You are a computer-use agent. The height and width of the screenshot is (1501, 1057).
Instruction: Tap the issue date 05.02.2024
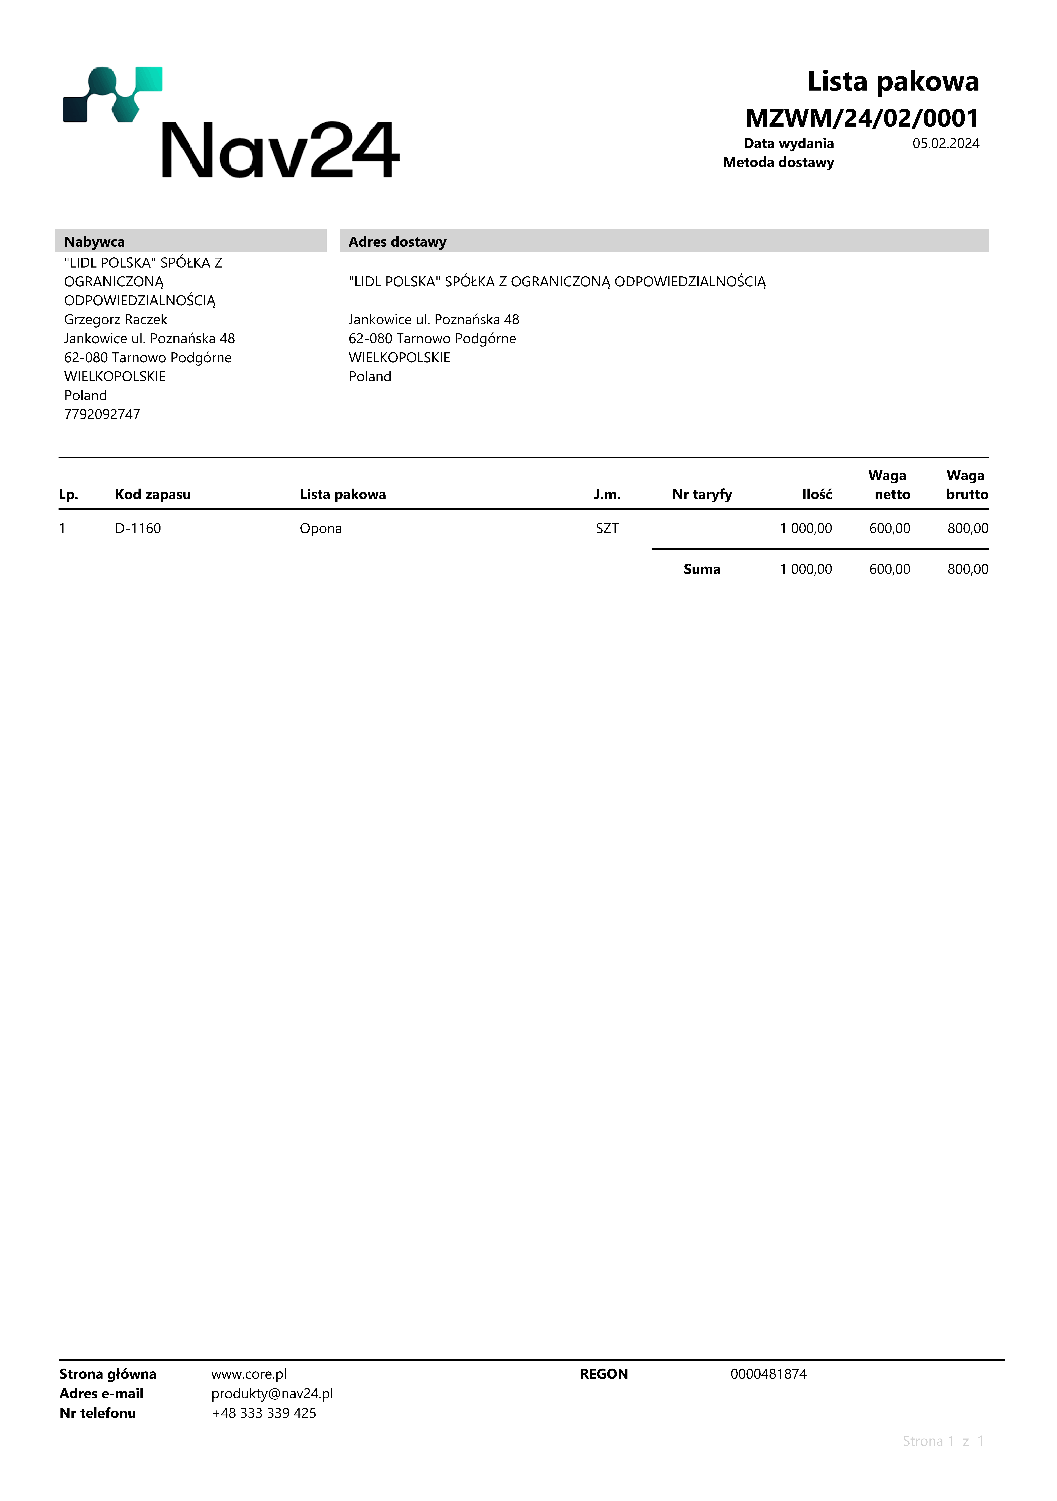click(945, 144)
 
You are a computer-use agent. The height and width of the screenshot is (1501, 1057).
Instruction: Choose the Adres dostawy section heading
click(397, 242)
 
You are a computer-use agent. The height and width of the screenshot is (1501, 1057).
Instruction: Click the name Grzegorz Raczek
click(116, 320)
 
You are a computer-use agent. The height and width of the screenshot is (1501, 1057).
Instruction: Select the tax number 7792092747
click(102, 415)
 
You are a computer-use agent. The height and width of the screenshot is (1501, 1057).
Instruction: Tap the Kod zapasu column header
click(153, 495)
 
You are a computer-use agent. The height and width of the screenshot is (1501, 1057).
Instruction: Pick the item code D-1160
click(138, 529)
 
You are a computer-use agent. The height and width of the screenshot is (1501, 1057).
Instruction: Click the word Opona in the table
click(321, 529)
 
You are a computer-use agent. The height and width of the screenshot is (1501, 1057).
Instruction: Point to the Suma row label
click(702, 569)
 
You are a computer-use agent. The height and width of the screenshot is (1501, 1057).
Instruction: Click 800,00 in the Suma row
click(967, 569)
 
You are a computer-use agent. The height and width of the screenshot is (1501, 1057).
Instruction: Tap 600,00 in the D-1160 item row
click(889, 529)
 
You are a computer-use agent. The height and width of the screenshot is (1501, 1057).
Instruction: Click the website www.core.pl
click(249, 1374)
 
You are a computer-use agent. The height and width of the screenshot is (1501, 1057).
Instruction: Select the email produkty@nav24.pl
click(272, 1394)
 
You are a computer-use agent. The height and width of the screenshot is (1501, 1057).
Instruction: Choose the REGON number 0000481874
click(768, 1374)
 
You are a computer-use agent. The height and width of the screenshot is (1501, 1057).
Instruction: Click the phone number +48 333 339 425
click(264, 1413)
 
